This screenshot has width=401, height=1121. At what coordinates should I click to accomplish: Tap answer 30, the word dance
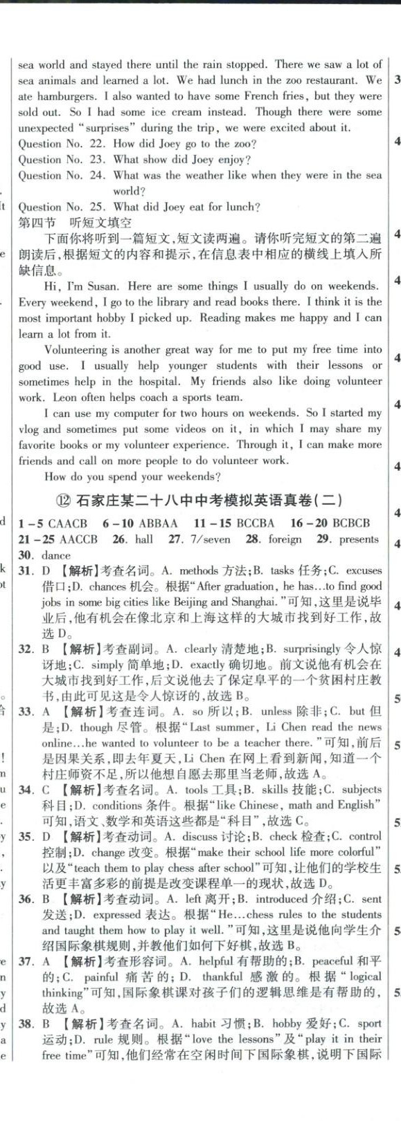point(55,555)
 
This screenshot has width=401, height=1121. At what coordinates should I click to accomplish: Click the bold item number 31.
point(26,571)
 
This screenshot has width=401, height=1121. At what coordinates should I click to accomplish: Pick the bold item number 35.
point(26,837)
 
